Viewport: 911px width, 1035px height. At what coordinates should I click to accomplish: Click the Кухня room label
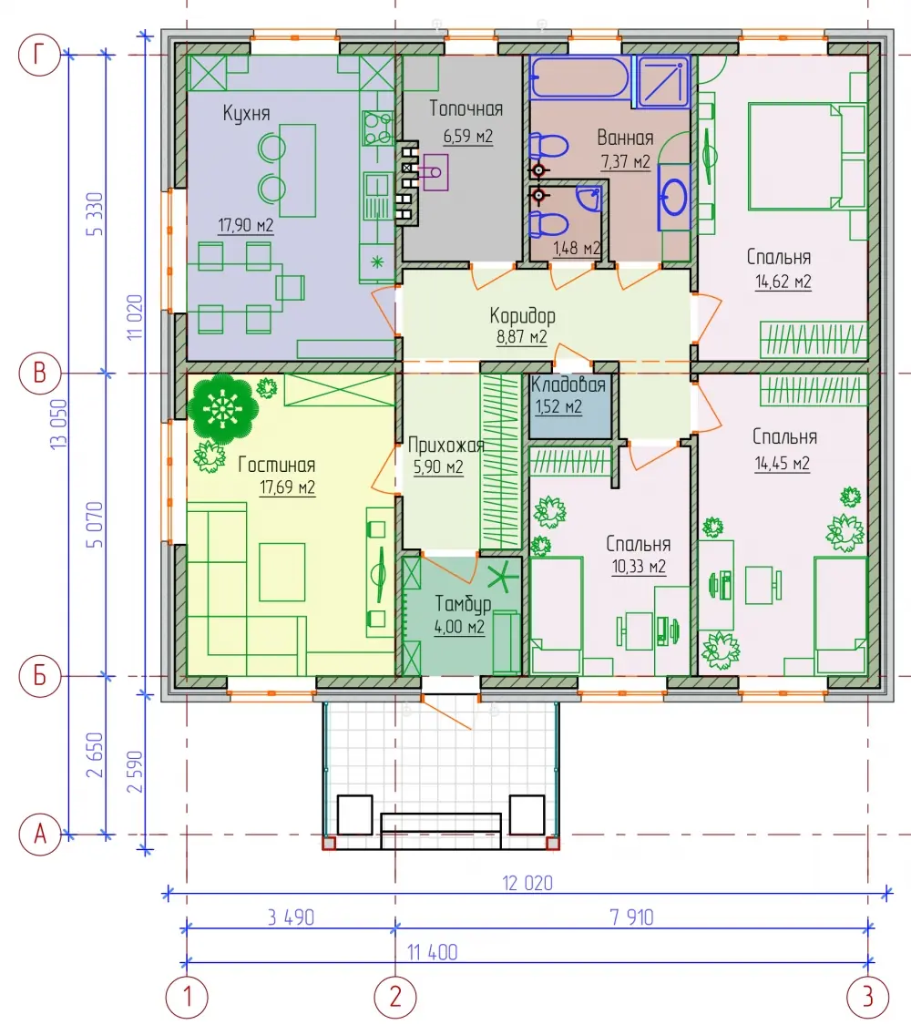[246, 114]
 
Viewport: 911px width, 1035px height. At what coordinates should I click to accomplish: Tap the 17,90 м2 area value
[246, 225]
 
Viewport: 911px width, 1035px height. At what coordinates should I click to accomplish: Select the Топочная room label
[466, 109]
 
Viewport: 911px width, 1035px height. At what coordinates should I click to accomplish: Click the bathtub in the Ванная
[579, 77]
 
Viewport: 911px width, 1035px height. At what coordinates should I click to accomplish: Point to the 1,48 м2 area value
[577, 248]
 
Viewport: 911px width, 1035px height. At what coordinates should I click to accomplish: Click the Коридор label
[522, 315]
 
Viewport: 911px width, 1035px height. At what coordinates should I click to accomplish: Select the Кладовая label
[568, 384]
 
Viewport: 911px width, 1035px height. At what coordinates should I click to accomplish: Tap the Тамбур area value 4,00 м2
[459, 627]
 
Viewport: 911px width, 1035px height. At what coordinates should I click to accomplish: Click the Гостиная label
[277, 465]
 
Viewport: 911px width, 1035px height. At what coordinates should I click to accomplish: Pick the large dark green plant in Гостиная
[222, 408]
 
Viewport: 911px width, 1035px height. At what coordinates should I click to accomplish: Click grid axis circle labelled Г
[39, 55]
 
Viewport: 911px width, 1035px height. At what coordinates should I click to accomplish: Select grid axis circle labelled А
[39, 835]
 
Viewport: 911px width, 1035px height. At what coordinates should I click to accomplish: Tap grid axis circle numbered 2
[395, 996]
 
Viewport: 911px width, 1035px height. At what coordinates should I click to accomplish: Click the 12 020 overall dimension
[527, 883]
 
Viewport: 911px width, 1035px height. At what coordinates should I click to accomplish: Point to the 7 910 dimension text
[631, 917]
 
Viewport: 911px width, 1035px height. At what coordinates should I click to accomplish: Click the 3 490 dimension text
[292, 917]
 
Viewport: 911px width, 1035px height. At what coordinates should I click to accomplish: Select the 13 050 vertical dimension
[58, 425]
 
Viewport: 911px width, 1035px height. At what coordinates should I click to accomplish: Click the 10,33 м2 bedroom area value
[639, 567]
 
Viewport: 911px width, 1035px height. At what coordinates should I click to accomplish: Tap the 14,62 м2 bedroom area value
[783, 282]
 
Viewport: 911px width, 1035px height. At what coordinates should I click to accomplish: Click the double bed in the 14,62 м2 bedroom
[807, 157]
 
